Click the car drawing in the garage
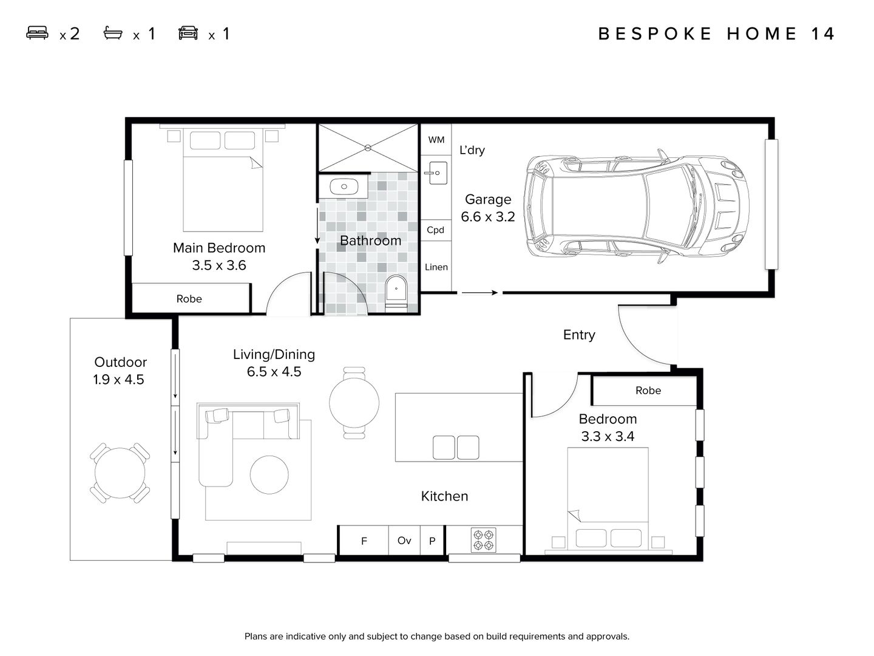pos(637,207)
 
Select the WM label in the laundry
pos(436,140)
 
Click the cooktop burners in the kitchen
pos(483,540)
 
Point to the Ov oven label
pos(404,540)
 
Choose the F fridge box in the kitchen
pos(364,541)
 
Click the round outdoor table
pos(120,473)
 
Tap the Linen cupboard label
pos(436,267)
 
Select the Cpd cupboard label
pos(435,230)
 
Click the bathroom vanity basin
pos(344,187)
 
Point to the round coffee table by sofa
pos(269,474)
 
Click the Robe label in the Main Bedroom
pos(189,298)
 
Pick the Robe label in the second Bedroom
pos(648,390)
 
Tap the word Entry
pos(579,335)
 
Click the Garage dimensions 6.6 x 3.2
pos(487,217)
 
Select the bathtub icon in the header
pos(113,33)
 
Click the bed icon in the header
pos(37,33)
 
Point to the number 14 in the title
pos(823,33)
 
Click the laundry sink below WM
pos(436,173)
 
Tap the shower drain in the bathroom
pos(368,148)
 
